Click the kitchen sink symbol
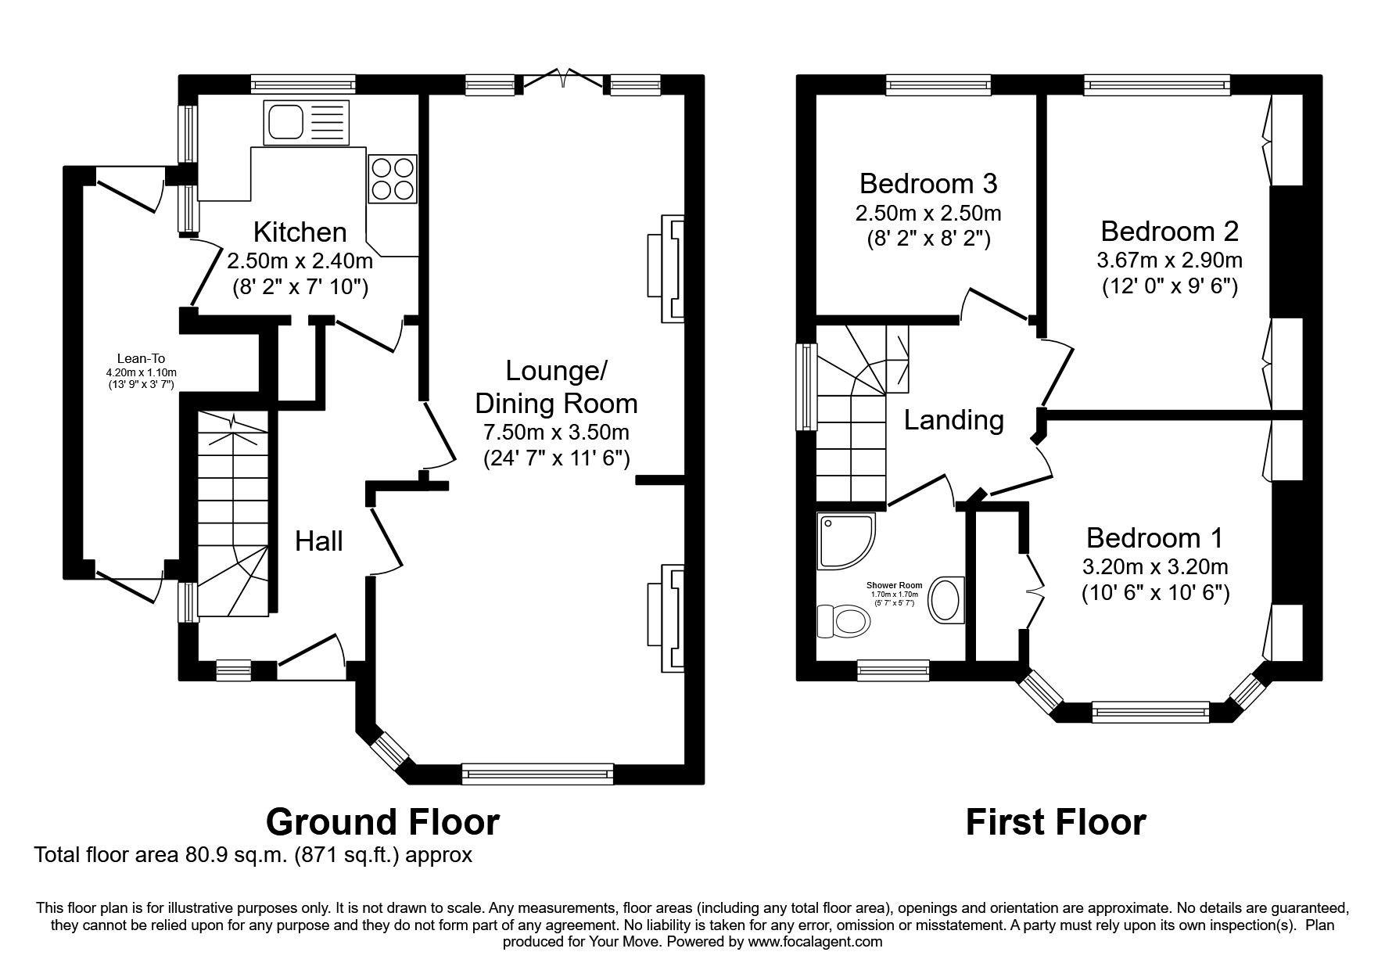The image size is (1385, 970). click(x=307, y=123)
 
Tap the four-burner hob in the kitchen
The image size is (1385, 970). click(x=392, y=179)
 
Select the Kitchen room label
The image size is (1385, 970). click(x=300, y=232)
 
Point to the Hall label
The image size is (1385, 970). click(x=319, y=541)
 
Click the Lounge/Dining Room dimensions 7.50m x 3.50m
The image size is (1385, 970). click(x=556, y=432)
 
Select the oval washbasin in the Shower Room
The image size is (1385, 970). click(x=946, y=601)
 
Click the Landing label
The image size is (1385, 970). click(x=953, y=421)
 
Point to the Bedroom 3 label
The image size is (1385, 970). click(x=928, y=184)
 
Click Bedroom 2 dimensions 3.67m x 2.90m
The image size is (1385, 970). click(x=1169, y=260)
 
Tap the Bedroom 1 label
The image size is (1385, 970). click(x=1154, y=538)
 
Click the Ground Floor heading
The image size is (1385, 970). click(x=382, y=822)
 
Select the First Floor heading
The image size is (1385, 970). click(x=1056, y=822)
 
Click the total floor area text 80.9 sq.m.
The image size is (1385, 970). click(x=253, y=855)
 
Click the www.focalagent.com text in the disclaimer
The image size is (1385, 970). click(x=815, y=942)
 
